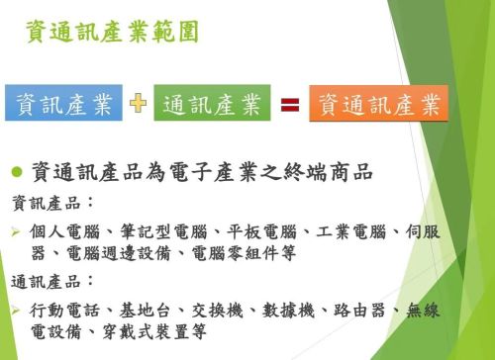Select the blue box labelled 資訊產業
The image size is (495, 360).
click(63, 104)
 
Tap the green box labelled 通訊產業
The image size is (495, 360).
click(211, 104)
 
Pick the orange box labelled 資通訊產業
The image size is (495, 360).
click(378, 104)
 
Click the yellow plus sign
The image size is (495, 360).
click(138, 104)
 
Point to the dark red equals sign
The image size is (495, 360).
click(289, 104)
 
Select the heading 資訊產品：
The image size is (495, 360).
click(52, 203)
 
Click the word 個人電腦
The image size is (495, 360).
click(62, 232)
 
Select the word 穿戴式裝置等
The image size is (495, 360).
click(157, 333)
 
